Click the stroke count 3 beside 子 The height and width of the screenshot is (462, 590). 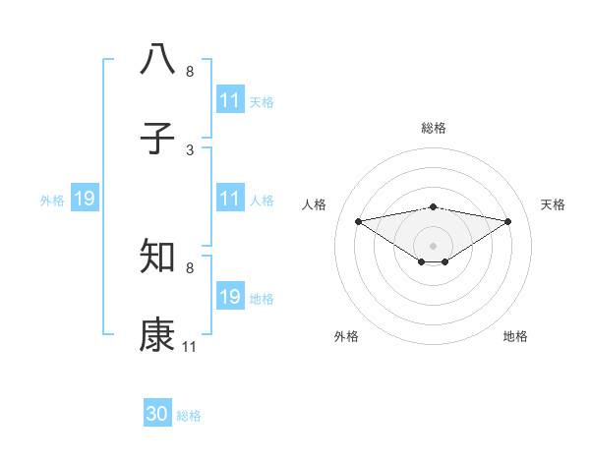point(190,150)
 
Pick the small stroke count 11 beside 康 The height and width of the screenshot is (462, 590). point(190,347)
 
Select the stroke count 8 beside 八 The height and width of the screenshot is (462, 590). point(190,71)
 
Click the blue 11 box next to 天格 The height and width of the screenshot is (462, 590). point(230,100)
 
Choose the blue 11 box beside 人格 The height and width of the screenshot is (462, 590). point(230,200)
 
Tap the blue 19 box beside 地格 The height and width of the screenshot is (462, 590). point(230,297)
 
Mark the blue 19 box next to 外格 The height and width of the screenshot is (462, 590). point(85,200)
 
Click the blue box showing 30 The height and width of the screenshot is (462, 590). point(157,414)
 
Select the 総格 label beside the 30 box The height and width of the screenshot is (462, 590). point(190,416)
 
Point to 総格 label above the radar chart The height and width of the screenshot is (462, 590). point(434,128)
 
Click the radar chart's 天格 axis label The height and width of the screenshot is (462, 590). point(554,204)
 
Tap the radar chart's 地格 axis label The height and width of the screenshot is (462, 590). point(515,336)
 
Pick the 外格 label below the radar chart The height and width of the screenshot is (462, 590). point(346,336)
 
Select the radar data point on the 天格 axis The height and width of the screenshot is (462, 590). point(508,221)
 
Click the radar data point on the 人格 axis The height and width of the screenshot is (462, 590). point(358,221)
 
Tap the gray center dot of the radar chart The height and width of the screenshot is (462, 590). point(434,245)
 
